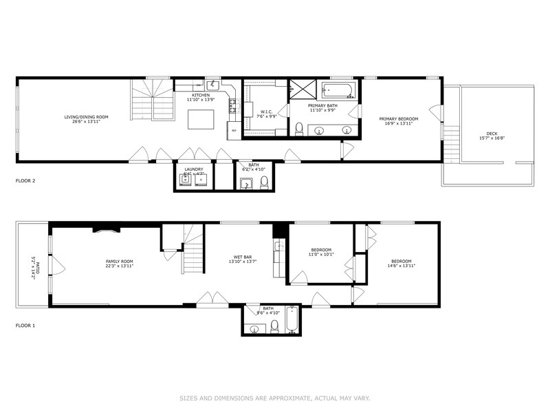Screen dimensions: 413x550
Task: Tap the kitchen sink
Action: point(214,85)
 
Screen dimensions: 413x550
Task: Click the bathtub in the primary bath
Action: point(339,90)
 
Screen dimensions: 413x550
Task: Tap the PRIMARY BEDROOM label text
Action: point(399,119)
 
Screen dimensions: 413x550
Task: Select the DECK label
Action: point(491,134)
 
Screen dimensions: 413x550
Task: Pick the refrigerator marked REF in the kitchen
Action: point(234,129)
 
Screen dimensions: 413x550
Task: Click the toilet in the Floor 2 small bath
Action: point(264,182)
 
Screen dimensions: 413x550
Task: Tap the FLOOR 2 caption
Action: point(25,181)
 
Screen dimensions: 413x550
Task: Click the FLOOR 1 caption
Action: point(25,325)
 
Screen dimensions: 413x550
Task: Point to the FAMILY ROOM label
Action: point(119,261)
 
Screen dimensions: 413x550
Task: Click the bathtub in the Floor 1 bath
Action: point(291,320)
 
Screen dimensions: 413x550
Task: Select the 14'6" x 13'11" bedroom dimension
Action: point(401,266)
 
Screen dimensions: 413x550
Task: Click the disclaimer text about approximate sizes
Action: point(275,398)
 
